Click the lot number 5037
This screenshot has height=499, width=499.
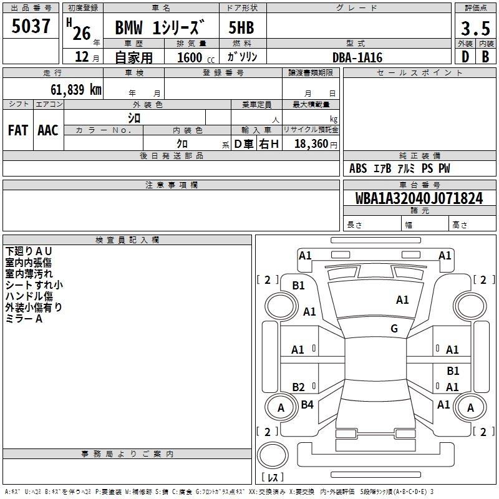31,27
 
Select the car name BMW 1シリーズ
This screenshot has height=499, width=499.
160,29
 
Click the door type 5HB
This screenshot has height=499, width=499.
241,29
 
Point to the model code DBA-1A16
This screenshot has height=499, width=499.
357,57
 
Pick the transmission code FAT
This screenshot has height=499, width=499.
17,130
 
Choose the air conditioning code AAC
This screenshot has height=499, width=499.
48,130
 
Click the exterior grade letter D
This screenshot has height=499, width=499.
465,56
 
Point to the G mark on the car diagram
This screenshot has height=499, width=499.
394,329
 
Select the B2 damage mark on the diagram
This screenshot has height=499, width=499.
299,387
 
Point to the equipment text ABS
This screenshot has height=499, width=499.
358,168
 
